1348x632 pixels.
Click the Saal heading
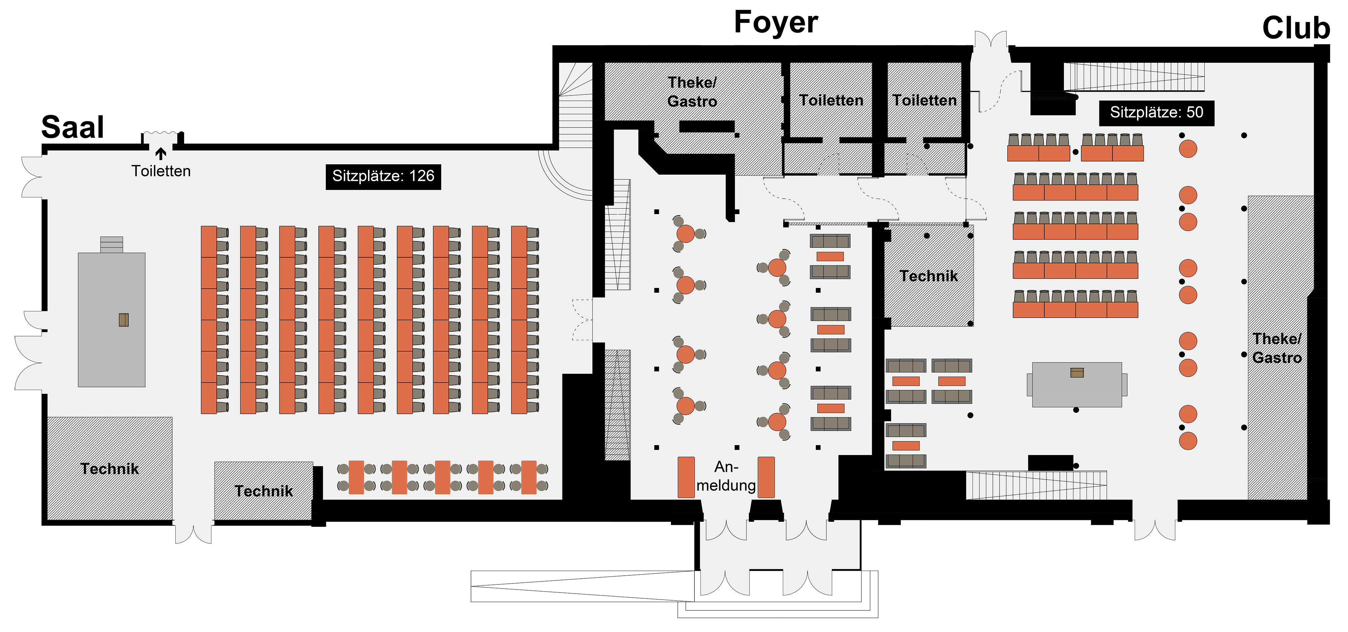(73, 127)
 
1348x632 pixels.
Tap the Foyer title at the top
(776, 23)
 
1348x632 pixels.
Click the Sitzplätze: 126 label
(383, 176)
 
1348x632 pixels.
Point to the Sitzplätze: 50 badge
(1157, 113)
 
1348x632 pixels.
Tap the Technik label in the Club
(928, 276)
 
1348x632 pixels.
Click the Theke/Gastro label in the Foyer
(692, 92)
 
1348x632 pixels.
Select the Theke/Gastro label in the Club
(1277, 348)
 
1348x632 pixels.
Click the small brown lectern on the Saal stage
(123, 320)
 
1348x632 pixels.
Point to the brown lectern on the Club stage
(1077, 372)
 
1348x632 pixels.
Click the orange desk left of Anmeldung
(686, 477)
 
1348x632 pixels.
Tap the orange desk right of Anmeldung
(766, 477)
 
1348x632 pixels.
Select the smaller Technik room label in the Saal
(264, 491)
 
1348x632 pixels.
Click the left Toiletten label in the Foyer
(831, 100)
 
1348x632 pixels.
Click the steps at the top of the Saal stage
(112, 245)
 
